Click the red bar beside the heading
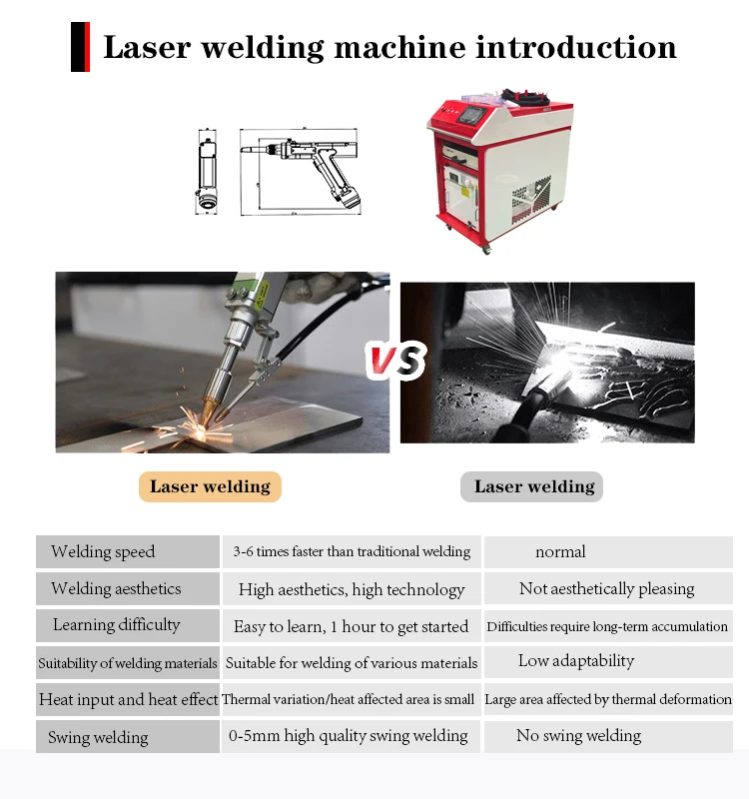[80, 47]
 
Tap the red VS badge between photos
[394, 362]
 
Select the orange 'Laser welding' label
[210, 487]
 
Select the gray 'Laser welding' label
[532, 487]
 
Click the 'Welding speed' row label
[103, 551]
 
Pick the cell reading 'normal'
[560, 552]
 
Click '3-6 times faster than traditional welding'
[352, 551]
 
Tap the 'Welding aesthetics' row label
[116, 588]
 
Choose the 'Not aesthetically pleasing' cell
[606, 589]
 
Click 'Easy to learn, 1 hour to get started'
[351, 627]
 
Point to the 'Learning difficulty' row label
[117, 625]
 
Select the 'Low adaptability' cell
[576, 661]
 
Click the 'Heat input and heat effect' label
[128, 699]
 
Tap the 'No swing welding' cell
[578, 736]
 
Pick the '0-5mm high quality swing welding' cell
[349, 736]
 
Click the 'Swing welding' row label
[98, 738]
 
